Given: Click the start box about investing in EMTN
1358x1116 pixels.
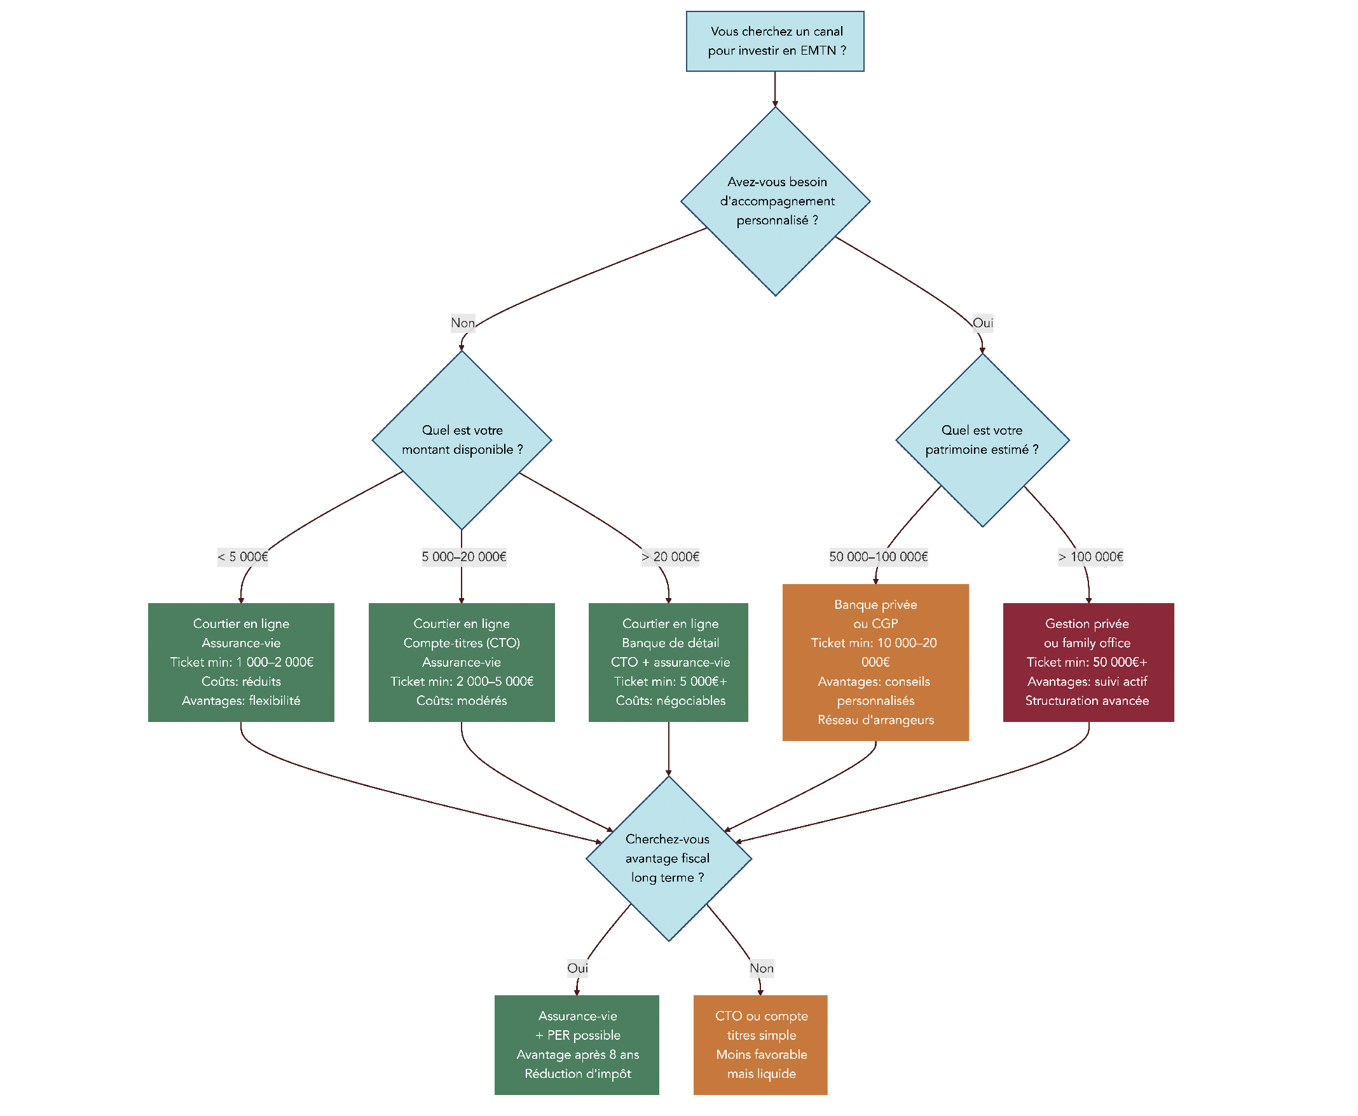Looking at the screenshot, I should click(x=775, y=41).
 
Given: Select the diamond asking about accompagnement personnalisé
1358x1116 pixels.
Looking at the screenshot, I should click(x=775, y=201).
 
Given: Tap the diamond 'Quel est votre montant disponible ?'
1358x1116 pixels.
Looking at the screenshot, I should click(x=462, y=440).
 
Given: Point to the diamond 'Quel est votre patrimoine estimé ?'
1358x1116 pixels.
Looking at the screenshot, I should click(x=982, y=440).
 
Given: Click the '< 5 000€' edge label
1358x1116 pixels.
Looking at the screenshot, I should click(x=242, y=557).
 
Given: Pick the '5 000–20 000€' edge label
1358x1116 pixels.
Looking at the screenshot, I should click(x=463, y=557).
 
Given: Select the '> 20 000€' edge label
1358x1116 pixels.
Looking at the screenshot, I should click(x=670, y=557).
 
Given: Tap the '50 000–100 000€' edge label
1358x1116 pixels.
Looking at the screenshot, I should click(x=878, y=557).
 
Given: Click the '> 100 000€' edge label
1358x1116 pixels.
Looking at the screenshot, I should click(x=1090, y=557).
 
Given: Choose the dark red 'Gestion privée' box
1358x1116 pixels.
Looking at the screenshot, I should click(x=1088, y=662).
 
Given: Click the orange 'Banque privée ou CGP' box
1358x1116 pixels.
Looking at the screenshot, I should click(x=875, y=662).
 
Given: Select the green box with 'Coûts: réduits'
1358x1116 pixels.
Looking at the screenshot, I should click(x=241, y=662).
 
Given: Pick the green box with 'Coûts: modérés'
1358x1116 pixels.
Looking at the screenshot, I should click(x=461, y=662).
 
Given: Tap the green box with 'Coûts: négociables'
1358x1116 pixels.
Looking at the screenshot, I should click(x=668, y=662).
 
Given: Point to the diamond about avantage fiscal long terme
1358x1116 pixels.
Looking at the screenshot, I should click(x=668, y=858).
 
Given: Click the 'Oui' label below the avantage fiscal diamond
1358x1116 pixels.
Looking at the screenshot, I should click(x=577, y=968).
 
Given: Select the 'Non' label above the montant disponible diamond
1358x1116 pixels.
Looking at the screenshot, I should click(x=462, y=323).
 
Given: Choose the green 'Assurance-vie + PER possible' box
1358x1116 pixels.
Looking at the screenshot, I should click(x=577, y=1045).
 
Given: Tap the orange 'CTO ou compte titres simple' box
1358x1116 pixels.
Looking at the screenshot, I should click(x=760, y=1045).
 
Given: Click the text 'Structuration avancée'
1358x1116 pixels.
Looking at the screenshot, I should click(x=1087, y=701).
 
